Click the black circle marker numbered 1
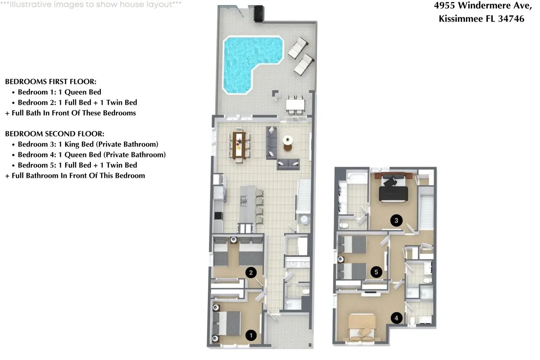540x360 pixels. [x=251, y=335]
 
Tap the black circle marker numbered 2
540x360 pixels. [x=251, y=273]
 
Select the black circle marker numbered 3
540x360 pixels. [x=397, y=220]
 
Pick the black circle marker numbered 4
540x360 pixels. [x=397, y=318]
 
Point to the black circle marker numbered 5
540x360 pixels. [x=376, y=272]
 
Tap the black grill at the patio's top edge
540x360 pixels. [x=259, y=14]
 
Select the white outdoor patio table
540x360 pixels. [x=295, y=105]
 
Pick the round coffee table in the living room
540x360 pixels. [x=288, y=143]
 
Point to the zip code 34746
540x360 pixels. [x=511, y=19]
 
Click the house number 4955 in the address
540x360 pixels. [x=445, y=6]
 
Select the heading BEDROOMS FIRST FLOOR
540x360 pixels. [x=51, y=82]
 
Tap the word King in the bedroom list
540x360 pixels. [x=71, y=144]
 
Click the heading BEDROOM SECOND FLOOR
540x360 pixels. [x=55, y=134]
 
